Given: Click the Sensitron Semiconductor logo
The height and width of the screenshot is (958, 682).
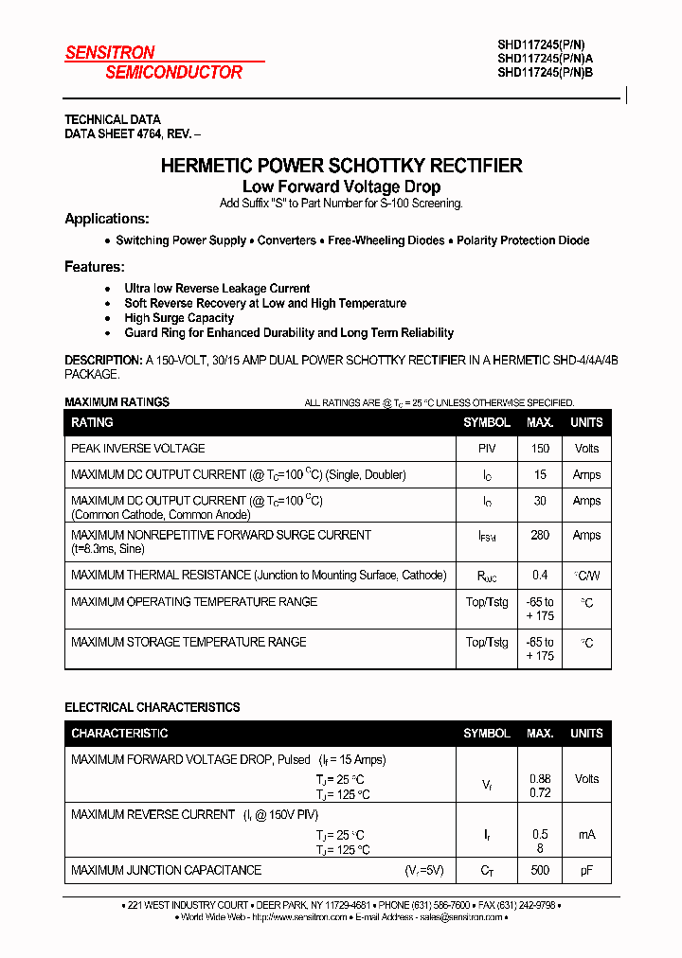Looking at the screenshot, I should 153,62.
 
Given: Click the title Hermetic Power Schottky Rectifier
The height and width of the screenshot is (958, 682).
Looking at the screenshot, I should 341,166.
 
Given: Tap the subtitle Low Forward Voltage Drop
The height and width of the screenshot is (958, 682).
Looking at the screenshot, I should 341,186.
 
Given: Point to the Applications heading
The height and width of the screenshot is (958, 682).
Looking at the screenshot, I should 106,219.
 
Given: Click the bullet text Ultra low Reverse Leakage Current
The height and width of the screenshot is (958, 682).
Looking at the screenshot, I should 217,288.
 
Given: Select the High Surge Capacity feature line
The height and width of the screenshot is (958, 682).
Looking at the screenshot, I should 179,318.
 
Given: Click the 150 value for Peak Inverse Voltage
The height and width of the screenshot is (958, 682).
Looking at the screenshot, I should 540,449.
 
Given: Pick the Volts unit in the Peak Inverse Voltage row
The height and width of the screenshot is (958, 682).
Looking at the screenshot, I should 586,449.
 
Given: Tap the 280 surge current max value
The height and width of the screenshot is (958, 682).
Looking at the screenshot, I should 540,535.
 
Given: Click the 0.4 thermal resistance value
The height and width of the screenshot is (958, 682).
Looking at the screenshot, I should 540,575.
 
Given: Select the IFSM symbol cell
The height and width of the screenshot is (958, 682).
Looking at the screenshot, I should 487,536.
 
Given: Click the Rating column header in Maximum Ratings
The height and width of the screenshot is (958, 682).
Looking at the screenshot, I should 92,422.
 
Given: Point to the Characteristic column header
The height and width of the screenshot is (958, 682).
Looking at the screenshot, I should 119,733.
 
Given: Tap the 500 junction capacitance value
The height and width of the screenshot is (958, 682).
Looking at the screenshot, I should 540,870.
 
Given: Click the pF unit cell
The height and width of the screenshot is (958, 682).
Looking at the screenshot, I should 586,870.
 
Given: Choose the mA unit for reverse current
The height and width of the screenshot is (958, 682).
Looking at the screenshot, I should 586,834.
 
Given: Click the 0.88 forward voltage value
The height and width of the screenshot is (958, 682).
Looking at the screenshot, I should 540,778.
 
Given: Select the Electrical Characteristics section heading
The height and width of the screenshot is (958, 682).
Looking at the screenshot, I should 152,707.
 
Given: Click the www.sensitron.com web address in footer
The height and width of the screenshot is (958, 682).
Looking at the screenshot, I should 301,917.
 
